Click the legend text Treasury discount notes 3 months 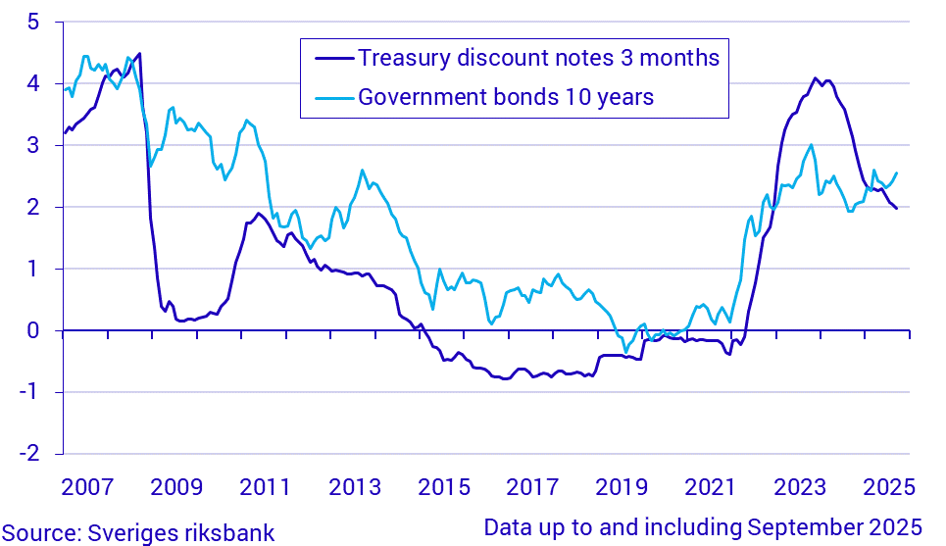[x=539, y=58]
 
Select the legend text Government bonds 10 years [x=506, y=97]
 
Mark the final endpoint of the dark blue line [x=896, y=208]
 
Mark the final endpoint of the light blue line [x=897, y=173]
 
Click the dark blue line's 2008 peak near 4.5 [x=139, y=53]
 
